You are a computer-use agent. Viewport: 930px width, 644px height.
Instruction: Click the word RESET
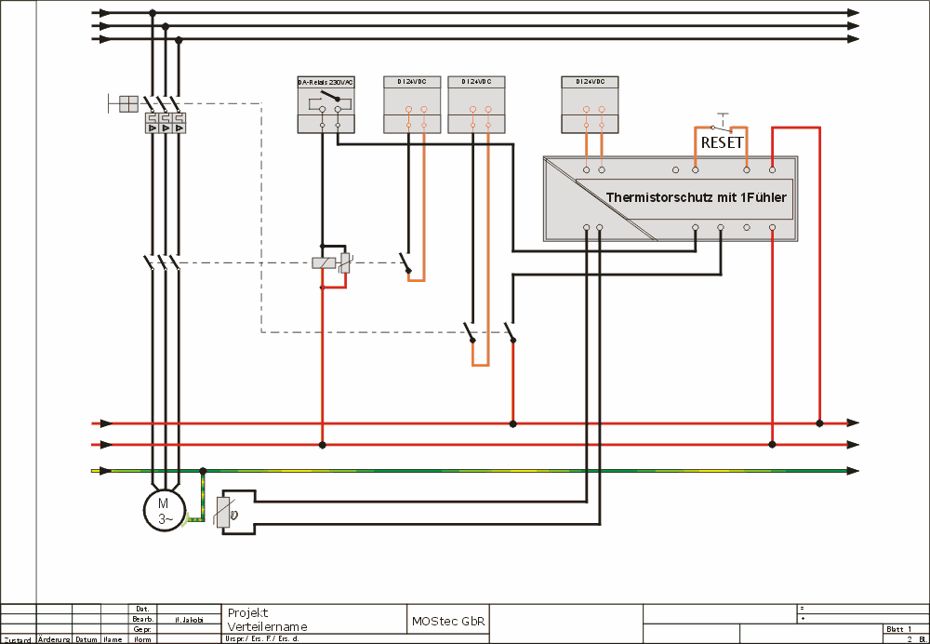click(722, 143)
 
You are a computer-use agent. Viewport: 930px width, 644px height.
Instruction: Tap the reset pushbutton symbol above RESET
click(719, 123)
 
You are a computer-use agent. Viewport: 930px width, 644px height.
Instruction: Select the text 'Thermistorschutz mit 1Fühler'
click(696, 197)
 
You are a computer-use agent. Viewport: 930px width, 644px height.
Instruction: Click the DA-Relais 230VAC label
click(325, 83)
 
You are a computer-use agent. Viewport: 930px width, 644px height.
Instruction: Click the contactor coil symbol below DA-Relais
click(325, 262)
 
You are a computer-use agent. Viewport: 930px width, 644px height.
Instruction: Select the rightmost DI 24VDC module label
click(590, 83)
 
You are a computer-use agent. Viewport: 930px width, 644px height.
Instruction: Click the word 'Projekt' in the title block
click(247, 612)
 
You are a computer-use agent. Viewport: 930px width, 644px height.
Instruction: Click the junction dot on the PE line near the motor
click(204, 471)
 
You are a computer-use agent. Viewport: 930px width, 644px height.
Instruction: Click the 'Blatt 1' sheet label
click(899, 629)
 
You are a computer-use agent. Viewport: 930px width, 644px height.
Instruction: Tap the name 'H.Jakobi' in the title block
click(189, 619)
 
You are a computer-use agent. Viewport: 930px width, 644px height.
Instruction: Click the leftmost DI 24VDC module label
click(411, 83)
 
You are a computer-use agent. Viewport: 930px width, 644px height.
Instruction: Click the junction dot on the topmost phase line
click(152, 13)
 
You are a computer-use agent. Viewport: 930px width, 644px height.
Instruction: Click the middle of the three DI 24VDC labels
click(475, 83)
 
